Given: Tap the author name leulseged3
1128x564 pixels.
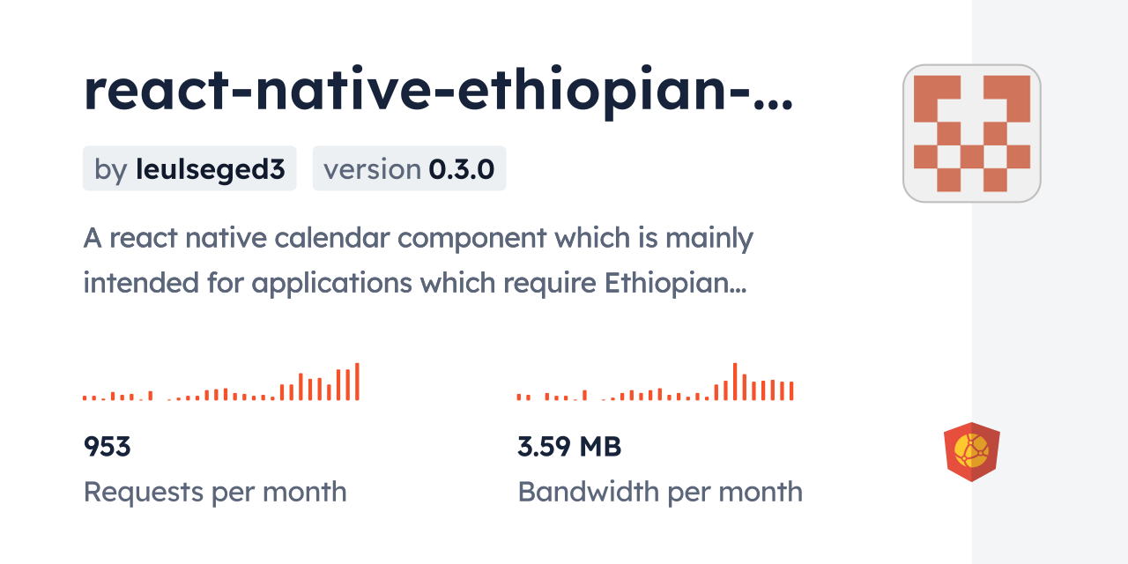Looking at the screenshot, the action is (211, 169).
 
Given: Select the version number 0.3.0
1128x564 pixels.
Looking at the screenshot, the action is (461, 169).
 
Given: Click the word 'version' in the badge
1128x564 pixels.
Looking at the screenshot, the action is (372, 169).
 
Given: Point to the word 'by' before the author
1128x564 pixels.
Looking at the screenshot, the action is (111, 170).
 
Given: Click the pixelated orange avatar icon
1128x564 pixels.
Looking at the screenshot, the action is (972, 133).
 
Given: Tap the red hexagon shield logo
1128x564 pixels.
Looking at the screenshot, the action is (972, 452).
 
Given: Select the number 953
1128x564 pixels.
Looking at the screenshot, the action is (108, 447).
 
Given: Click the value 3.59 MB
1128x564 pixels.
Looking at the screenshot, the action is (569, 447).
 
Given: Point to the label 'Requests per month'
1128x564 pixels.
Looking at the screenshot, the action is (215, 492).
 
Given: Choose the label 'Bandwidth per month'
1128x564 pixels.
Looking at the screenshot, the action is (660, 492).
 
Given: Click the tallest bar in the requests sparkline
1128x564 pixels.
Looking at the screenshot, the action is (357, 382).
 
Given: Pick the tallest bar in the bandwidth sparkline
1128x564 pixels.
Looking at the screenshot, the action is (735, 382).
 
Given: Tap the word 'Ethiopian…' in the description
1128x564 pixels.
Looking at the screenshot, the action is (675, 283).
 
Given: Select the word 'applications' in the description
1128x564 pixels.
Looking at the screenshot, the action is (332, 284).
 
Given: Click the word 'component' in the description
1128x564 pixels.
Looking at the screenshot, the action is (471, 239).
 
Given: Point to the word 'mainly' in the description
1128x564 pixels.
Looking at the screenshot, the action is (709, 239).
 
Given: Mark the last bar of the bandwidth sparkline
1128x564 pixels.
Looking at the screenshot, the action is (791, 390).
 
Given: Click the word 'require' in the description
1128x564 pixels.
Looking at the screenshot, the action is (550, 284).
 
